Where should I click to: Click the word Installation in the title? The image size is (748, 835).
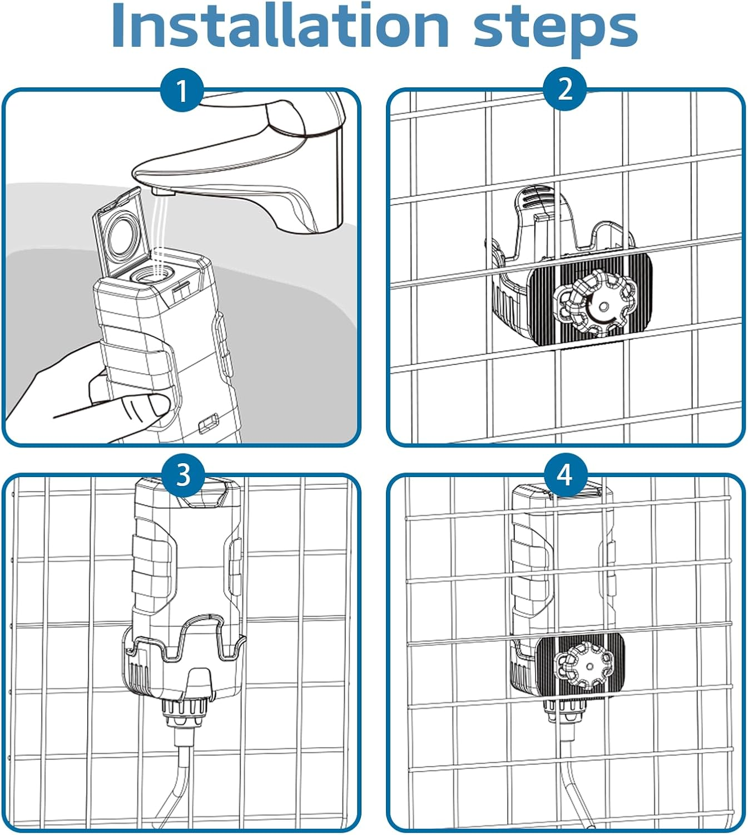click(280, 26)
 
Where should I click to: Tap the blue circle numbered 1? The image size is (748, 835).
click(182, 90)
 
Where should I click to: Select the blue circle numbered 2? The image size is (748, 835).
click(564, 89)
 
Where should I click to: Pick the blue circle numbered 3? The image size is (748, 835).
click(183, 475)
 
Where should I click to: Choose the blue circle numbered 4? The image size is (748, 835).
click(566, 475)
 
